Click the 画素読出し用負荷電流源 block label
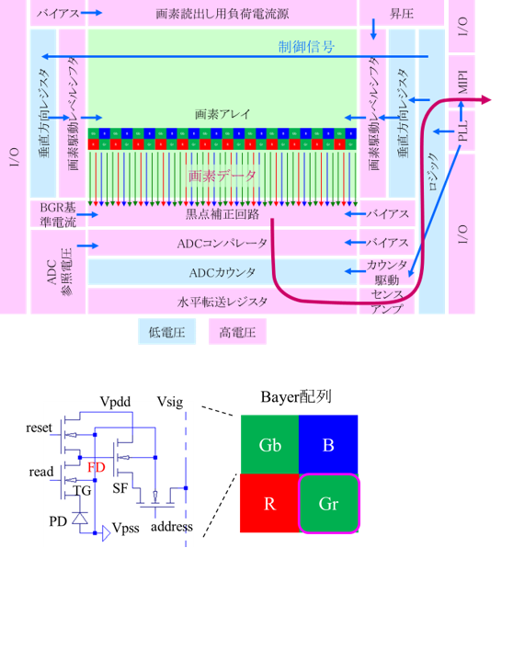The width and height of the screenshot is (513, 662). [222, 15]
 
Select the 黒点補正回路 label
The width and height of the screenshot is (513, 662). [222, 214]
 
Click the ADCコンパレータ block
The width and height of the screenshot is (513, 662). [222, 244]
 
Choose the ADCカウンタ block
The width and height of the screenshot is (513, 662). [222, 273]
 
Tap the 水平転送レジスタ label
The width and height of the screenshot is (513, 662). [222, 302]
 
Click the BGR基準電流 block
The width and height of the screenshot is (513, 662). [58, 214]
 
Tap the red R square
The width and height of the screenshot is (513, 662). [268, 503]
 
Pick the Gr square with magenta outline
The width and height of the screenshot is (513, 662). [326, 503]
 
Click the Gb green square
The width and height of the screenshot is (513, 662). [268, 444]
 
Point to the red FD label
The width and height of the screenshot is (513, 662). [97, 467]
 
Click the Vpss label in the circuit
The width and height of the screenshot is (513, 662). [127, 531]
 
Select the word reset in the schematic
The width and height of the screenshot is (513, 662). [40, 428]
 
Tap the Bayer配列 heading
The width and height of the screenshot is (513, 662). [296, 398]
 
